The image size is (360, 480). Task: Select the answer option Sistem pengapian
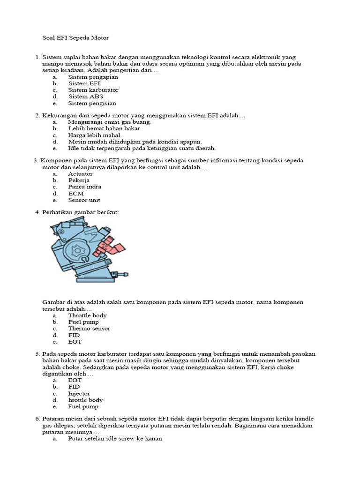93,77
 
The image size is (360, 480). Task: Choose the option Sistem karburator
93,90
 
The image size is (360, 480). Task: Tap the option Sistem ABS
85,97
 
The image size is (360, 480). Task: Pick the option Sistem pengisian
92,103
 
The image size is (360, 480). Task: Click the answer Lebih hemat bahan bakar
105,128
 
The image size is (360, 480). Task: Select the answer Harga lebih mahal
94,135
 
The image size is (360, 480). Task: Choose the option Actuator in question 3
80,174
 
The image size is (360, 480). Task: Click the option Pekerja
79,180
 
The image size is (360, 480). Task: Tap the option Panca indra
84,187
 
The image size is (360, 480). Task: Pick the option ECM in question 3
76,194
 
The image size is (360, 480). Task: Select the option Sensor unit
84,200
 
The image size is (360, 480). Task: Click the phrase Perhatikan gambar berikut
81,212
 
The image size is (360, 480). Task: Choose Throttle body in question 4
87,315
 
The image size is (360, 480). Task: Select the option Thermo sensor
89,329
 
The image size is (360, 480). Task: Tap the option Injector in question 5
79,394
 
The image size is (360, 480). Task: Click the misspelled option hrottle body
85,400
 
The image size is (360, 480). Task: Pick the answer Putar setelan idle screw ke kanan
115,439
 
